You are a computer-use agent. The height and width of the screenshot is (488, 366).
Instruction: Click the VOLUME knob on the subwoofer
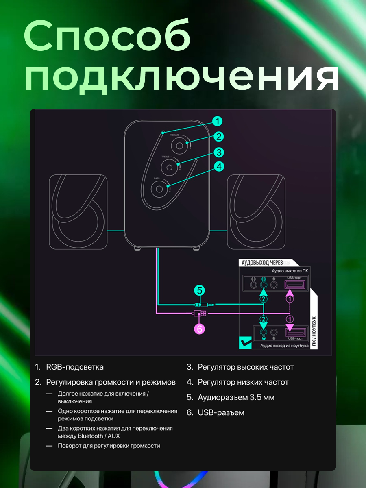coord(178,145)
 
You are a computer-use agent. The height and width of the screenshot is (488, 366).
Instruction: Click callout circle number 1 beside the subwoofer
coord(218,121)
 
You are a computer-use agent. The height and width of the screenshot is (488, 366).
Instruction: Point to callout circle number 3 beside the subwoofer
coord(219,152)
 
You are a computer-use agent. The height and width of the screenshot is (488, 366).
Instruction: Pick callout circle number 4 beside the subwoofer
coord(219,166)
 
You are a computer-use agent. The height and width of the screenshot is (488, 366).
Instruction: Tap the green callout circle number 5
coord(199,291)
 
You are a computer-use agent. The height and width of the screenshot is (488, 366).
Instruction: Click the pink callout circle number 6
coord(199,329)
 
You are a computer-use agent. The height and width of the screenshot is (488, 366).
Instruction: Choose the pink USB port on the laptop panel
coord(295,333)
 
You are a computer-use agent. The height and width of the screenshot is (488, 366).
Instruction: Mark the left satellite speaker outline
coord(78,212)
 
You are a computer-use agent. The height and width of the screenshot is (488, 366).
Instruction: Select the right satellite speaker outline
coord(256,212)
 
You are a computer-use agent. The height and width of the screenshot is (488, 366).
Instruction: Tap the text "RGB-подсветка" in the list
coord(74,367)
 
